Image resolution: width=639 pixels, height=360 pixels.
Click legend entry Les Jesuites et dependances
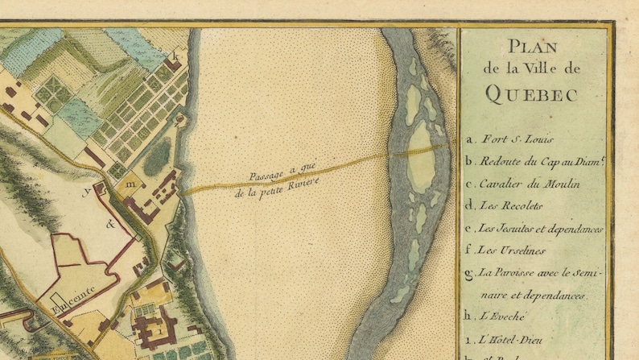(540, 229)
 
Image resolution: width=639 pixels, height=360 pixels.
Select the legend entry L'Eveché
(501, 317)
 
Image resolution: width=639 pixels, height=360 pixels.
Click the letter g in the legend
(469, 274)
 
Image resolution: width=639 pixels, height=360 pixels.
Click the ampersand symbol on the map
(109, 225)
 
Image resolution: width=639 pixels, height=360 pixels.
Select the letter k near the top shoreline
(175, 55)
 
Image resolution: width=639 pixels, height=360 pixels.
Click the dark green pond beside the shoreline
(157, 155)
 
